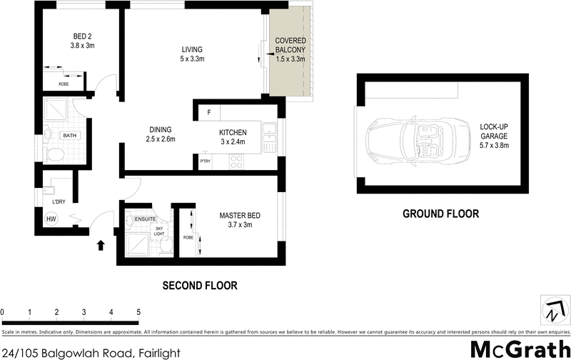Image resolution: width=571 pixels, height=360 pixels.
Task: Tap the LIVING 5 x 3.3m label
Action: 189,54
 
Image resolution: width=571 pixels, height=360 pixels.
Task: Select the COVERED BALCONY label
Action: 290,49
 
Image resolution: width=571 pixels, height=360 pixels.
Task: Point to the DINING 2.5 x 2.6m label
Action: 161,134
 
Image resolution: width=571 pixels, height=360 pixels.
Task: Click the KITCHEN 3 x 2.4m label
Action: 233,136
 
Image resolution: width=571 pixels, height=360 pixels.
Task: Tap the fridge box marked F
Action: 210,112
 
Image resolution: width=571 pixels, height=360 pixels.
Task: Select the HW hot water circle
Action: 51,219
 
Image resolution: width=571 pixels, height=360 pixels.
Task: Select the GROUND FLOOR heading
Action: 440,214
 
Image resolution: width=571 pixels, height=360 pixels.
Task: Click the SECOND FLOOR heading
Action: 200,286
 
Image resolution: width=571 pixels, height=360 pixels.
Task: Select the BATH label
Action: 69,134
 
